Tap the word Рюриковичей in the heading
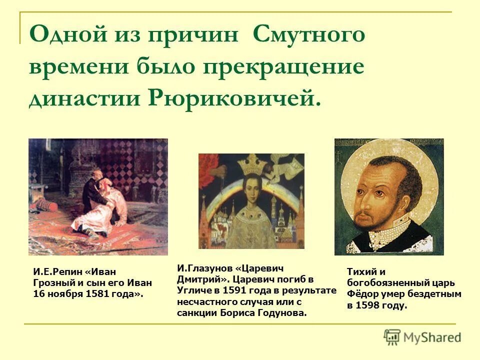233,97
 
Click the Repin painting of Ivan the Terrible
98,197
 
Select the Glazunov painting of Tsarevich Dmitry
251,201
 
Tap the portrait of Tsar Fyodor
389,197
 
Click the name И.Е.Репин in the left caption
57,271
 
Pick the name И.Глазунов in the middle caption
203,268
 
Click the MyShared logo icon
392,337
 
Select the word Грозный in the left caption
50,283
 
